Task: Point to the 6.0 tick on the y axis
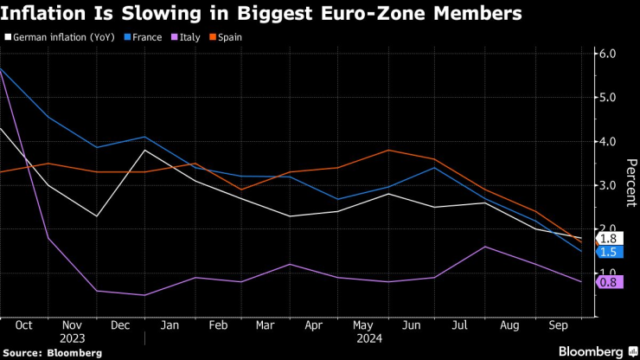pos(610,54)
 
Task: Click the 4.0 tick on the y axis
pos(610,142)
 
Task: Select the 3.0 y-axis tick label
pos(610,186)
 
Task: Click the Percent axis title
pos(630,183)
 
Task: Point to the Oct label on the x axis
pos(23,325)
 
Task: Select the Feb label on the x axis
pos(219,325)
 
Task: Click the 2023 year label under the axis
pos(73,338)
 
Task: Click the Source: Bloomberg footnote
pos(53,352)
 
